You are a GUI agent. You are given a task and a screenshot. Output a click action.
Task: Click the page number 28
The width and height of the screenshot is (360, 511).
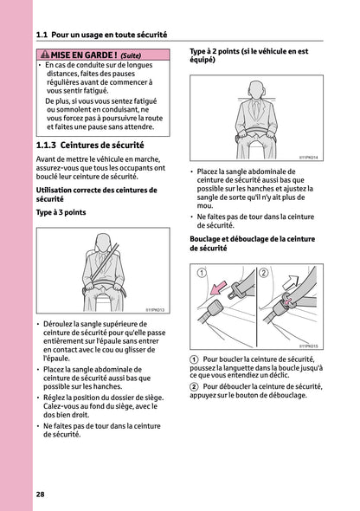(41, 494)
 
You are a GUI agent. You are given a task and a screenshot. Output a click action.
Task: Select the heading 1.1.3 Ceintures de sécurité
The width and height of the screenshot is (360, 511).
(90, 146)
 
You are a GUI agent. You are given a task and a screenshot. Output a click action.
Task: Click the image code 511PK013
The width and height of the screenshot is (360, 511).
(153, 308)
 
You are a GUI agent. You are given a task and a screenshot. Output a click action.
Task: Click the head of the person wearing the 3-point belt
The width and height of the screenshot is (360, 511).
(103, 244)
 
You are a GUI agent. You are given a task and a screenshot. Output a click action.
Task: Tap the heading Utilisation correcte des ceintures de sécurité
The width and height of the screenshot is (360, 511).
(84, 193)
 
